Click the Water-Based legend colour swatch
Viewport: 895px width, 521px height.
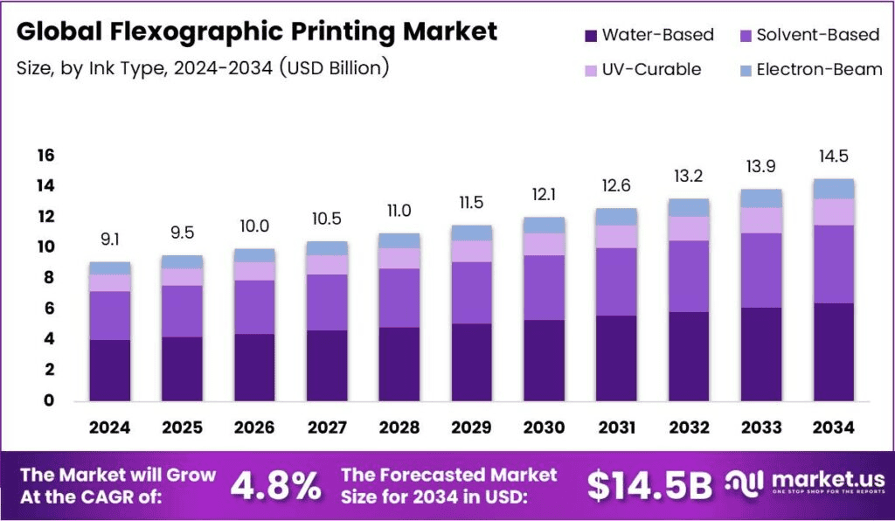point(590,36)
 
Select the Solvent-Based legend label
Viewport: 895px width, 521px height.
point(817,36)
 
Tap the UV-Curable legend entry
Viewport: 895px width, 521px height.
point(651,70)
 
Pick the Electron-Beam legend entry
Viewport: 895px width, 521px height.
point(819,70)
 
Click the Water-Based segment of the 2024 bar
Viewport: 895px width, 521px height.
point(109,370)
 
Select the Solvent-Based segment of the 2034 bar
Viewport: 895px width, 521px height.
point(833,264)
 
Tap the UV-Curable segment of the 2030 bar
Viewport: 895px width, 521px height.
point(545,244)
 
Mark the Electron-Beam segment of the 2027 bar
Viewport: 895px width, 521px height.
point(327,248)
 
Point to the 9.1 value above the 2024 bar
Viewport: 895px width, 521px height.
point(109,238)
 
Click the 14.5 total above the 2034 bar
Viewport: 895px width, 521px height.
point(833,156)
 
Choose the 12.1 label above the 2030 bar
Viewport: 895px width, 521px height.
point(545,193)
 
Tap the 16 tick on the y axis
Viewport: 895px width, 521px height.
point(45,156)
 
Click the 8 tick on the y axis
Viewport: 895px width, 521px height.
point(49,278)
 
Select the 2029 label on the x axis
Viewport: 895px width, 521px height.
point(472,427)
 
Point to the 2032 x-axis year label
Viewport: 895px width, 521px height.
point(689,427)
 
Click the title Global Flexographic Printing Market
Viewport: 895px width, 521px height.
point(256,32)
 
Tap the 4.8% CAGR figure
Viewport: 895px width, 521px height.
point(275,486)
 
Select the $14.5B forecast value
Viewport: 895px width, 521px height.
point(649,486)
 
